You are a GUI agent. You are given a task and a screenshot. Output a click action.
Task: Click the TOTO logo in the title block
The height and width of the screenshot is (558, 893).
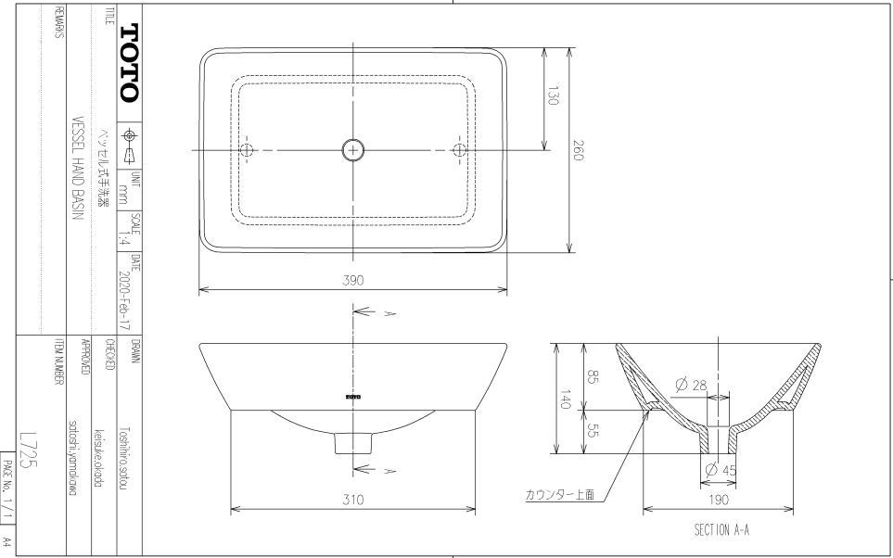(127, 61)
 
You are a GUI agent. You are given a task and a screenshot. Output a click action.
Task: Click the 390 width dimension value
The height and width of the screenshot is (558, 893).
(353, 282)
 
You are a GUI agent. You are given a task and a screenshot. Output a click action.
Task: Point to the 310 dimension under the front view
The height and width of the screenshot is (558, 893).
(353, 500)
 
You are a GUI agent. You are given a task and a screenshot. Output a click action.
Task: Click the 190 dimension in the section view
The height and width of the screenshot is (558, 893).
(719, 500)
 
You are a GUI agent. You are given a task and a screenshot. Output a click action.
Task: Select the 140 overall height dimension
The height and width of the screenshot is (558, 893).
(565, 399)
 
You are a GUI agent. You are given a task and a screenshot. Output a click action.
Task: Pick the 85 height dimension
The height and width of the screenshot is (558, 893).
(592, 377)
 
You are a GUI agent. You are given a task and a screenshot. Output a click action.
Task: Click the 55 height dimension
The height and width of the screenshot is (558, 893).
(592, 431)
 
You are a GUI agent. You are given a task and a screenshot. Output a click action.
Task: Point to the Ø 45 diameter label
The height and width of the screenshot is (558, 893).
(721, 470)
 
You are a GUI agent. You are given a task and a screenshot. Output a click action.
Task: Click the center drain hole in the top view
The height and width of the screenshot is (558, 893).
(353, 149)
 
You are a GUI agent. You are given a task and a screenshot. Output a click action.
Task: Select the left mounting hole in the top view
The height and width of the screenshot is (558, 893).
(247, 149)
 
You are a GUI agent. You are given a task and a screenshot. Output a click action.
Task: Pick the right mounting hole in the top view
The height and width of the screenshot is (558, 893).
(460, 149)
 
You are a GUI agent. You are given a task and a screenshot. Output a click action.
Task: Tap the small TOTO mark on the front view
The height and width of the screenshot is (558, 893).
(353, 397)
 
